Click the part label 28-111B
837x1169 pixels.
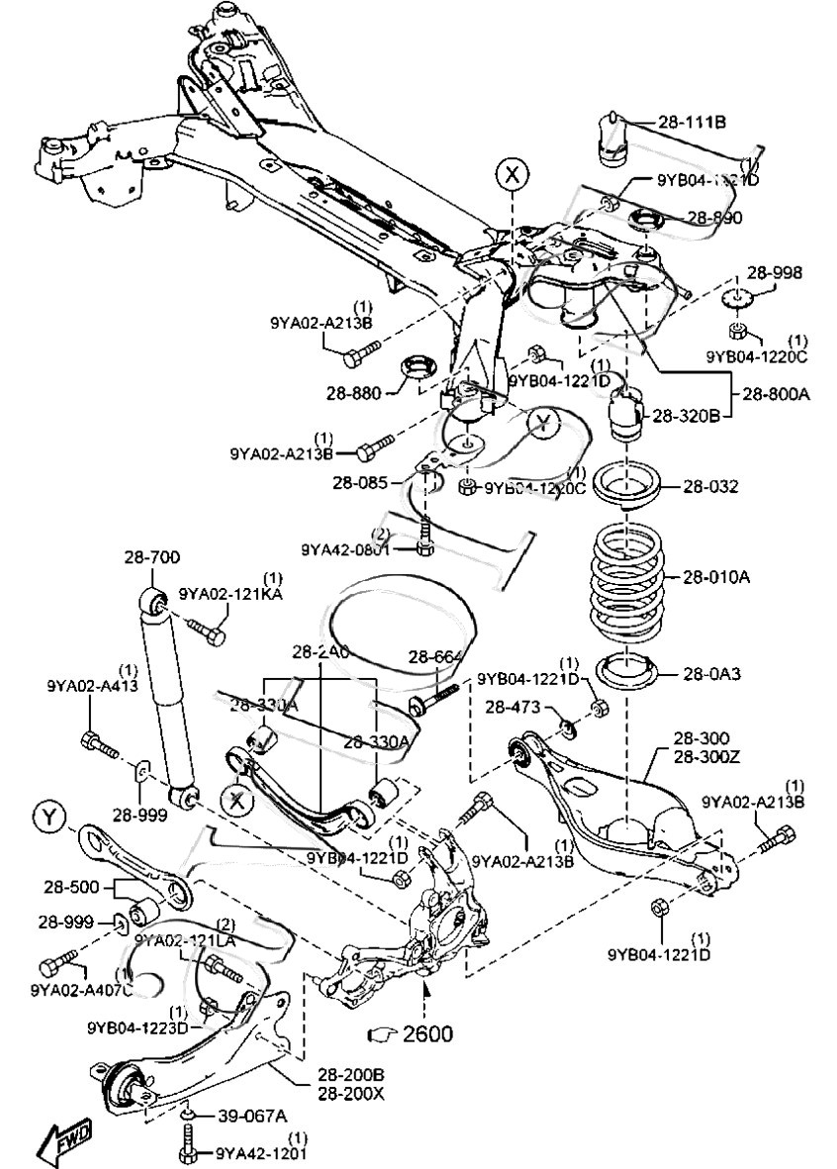pyautogui.click(x=693, y=123)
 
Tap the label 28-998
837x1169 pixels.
pyautogui.click(x=775, y=273)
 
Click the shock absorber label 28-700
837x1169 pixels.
pyautogui.click(x=151, y=557)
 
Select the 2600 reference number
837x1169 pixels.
pyautogui.click(x=426, y=1034)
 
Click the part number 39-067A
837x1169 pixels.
pyautogui.click(x=252, y=1116)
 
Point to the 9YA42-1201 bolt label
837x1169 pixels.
pyautogui.click(x=262, y=1154)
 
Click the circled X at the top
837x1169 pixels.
pyautogui.click(x=511, y=175)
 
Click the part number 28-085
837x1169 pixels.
pyautogui.click(x=358, y=483)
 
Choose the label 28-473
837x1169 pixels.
pyautogui.click(x=511, y=706)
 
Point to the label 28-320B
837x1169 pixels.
pyautogui.click(x=684, y=417)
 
